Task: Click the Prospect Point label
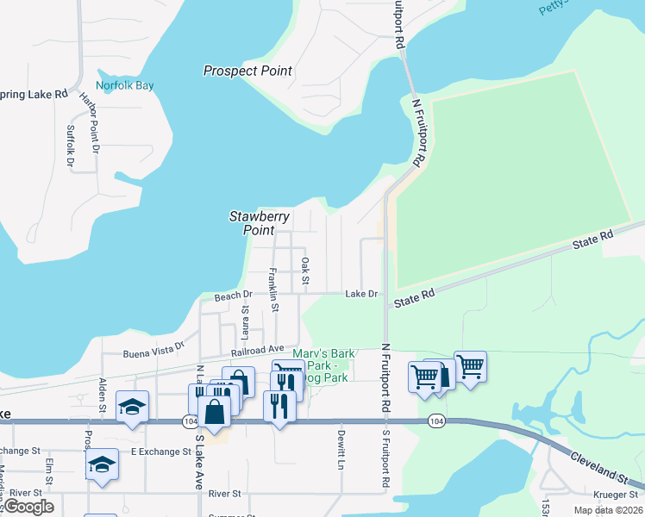tap(247, 71)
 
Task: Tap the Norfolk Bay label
tap(125, 86)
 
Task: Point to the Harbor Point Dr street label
tap(91, 122)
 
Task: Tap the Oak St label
tap(304, 271)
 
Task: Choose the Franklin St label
tap(272, 290)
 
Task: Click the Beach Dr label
tap(232, 296)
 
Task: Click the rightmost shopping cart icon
tap(470, 366)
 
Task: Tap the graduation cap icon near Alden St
tap(132, 406)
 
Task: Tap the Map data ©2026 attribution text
tap(607, 510)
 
